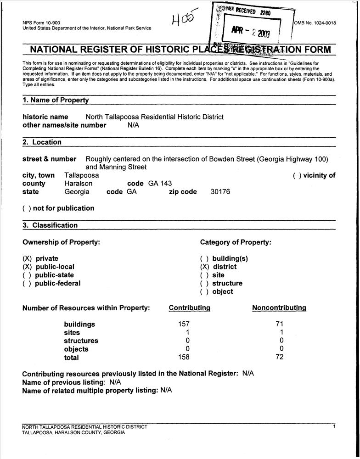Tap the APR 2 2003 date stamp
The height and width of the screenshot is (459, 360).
coord(251,32)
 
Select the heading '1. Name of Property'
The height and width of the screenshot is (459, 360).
coord(56,100)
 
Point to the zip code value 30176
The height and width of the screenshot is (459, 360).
coord(220,192)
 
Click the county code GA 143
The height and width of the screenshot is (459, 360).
coord(160,184)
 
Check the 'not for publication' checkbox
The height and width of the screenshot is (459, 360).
coord(27,208)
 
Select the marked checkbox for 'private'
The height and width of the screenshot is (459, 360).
coord(27,258)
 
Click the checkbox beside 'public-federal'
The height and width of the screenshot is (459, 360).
coord(27,283)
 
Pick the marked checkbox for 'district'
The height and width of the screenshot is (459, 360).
coord(204,267)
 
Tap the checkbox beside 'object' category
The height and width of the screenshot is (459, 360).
coord(204,291)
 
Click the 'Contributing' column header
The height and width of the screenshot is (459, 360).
coord(190,308)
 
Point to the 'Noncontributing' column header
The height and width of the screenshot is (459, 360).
coord(279,308)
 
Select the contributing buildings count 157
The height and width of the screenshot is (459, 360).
coord(184,324)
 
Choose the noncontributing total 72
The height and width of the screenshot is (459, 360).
coord(279,357)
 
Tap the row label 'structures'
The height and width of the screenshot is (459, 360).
coord(81,341)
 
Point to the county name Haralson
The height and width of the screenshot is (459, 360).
coord(78,184)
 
